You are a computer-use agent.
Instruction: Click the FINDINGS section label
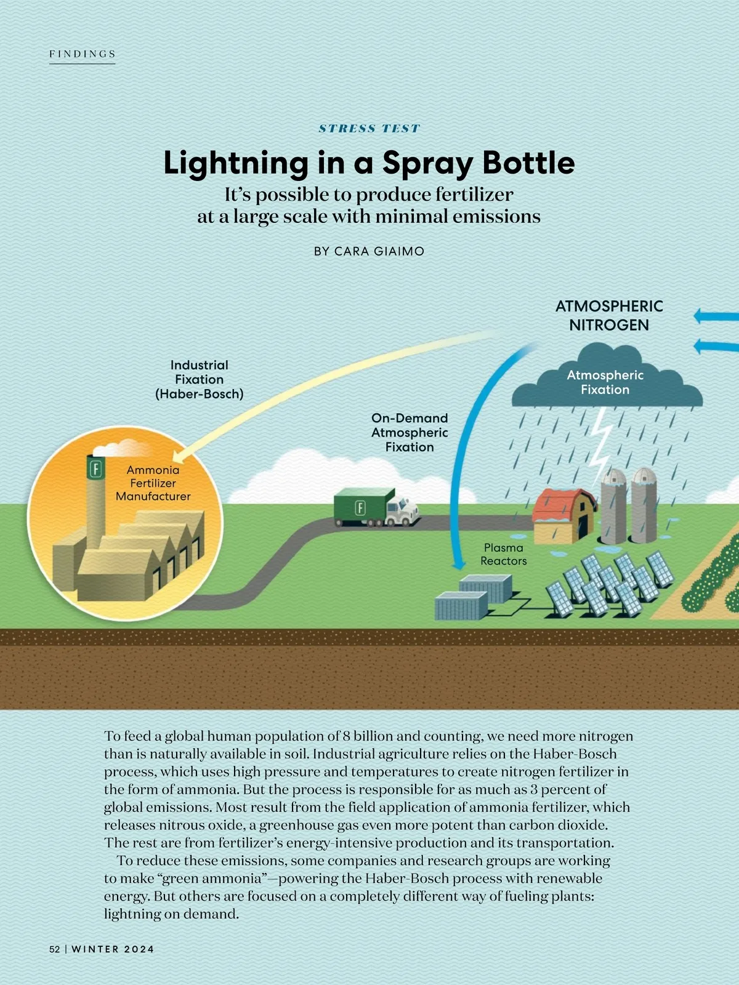pos(83,54)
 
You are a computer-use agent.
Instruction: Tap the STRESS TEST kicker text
pos(369,128)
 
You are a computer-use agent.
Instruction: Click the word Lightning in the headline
pos(236,163)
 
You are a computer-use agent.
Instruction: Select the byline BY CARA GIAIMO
pos(369,251)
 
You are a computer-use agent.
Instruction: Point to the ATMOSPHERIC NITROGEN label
pos(609,315)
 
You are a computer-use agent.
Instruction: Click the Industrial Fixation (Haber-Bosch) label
pos(199,380)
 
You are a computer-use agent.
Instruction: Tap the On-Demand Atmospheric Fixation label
pos(410,433)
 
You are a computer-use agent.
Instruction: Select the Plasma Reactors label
pos(503,554)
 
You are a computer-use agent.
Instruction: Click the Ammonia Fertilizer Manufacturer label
pos(153,483)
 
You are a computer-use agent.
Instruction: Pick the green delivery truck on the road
pos(376,507)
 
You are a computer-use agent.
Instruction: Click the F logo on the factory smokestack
pos(95,469)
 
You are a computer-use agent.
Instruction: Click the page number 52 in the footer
pos(54,949)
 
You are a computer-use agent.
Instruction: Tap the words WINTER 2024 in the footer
pos(113,949)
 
